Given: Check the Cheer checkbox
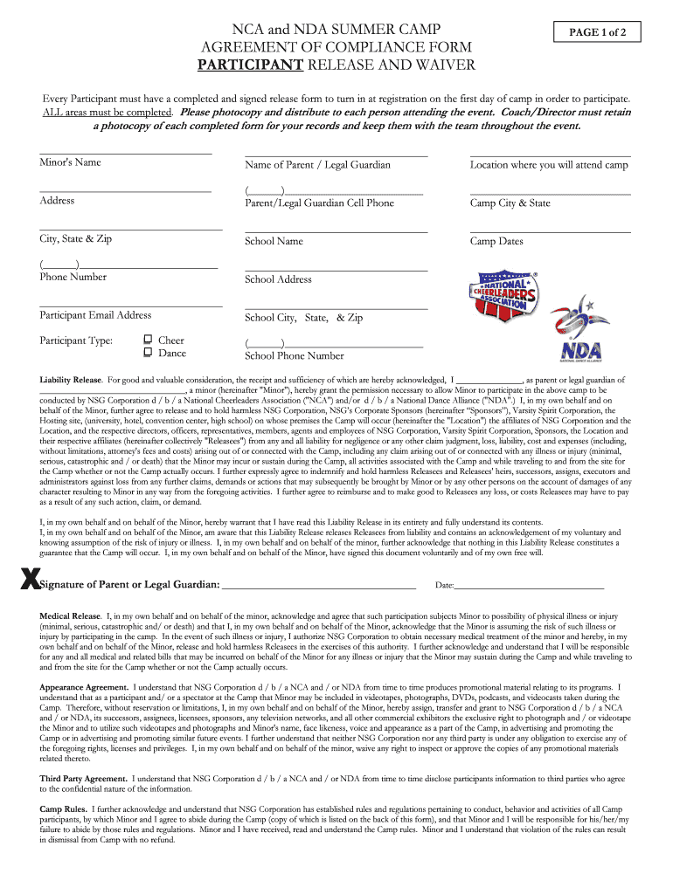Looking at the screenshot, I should (148, 340).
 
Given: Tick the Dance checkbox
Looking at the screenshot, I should (148, 353).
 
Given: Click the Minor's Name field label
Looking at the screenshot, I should (70, 162).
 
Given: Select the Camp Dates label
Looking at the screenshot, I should (496, 242).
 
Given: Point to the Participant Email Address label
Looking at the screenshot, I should (95, 315).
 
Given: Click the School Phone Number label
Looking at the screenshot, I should (295, 356).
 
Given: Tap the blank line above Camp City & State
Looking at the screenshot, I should (550, 193).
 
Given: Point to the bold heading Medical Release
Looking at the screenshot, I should (70, 616).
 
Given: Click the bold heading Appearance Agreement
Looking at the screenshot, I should (84, 688).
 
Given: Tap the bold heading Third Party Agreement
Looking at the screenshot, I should (84, 778).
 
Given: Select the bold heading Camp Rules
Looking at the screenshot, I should (63, 809).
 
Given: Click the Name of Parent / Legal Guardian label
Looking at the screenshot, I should (317, 165).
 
